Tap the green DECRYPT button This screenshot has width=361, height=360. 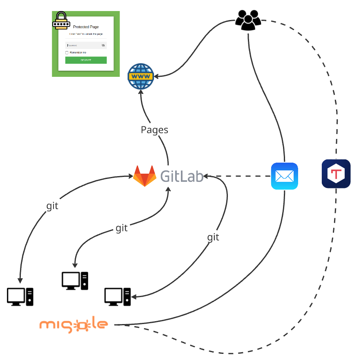pos(86,60)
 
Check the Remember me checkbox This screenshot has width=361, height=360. pos(67,53)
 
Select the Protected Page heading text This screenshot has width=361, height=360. pos(86,27)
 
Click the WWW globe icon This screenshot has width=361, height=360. pos(140,76)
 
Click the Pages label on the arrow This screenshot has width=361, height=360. pos(154,130)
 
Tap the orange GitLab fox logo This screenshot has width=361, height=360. pos(145,176)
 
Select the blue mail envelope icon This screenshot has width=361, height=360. pos(284,176)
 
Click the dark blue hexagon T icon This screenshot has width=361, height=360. pos(336,174)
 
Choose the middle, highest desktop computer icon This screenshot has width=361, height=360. pos(75,281)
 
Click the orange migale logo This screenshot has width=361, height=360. pos(74,325)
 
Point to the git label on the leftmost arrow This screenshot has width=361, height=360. pos(52,206)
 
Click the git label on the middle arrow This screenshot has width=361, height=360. pos(122,228)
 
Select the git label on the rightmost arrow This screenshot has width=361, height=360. pos(213,237)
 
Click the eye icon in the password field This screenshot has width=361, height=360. pos(103,45)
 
